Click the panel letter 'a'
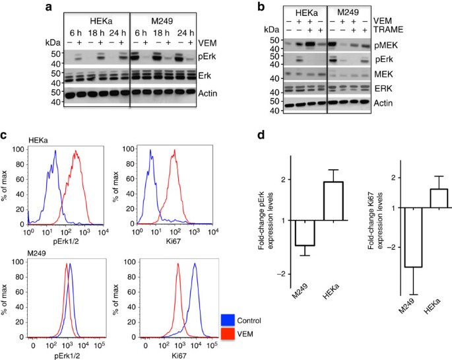coord(48,7)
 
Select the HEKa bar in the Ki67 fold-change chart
coord(438,198)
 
